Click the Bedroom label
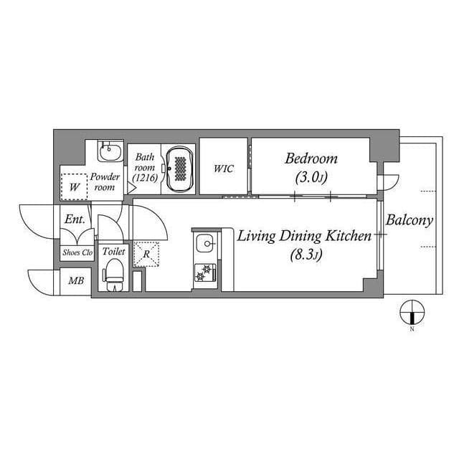(311, 158)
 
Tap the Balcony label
(409, 220)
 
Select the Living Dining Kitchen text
(304, 235)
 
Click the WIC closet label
(222, 169)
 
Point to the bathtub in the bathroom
(179, 169)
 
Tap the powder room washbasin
(109, 153)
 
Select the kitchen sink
(207, 244)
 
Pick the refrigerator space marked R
(146, 254)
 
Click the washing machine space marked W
(74, 186)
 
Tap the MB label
(75, 280)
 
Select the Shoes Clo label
(77, 252)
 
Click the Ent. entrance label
(75, 219)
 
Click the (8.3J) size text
(304, 255)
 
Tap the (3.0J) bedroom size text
(311, 177)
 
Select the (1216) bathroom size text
(145, 176)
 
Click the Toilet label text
(114, 252)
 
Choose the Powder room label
(104, 181)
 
